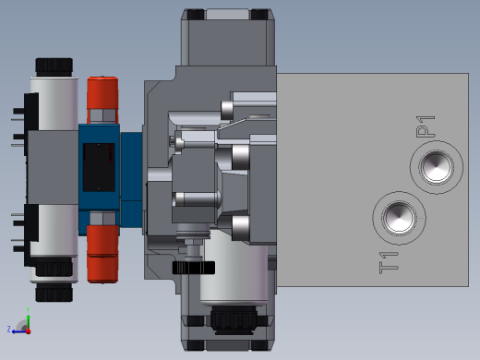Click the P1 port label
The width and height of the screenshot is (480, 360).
(x=426, y=126)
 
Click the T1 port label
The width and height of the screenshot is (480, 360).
(x=389, y=263)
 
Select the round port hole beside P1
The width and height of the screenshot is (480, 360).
(x=437, y=167)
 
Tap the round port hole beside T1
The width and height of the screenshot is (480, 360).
(x=399, y=218)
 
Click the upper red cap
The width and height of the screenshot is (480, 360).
(x=102, y=92)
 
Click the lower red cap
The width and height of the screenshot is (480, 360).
(x=102, y=254)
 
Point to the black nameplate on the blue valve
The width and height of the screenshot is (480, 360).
(x=99, y=167)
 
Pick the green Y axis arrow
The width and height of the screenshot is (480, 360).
(x=28, y=321)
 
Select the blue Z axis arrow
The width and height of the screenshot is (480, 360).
(x=19, y=331)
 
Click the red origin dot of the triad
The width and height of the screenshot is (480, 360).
(x=29, y=331)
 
